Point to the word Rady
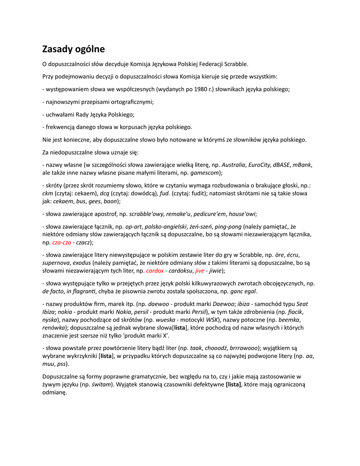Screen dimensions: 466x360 tap(84, 115)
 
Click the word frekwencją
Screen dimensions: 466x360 tap(62, 127)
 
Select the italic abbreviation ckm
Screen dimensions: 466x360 tap(47, 193)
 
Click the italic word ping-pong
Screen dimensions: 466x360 tap(227, 226)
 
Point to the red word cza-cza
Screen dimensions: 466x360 tap(62, 243)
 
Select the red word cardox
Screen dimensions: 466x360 tap(155, 271)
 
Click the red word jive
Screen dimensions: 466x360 tap(200, 271)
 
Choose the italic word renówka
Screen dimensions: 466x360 tap(53, 328)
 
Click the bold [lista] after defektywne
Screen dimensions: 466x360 tap(233, 384)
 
